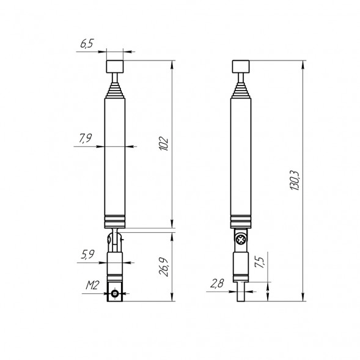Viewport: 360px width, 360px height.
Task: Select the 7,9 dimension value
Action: (x=86, y=139)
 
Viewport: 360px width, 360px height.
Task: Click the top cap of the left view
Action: (x=114, y=65)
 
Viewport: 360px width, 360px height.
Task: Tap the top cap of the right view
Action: (x=242, y=65)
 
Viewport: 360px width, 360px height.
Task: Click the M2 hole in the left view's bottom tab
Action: (x=115, y=295)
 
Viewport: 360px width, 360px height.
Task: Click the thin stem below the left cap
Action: (x=114, y=78)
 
